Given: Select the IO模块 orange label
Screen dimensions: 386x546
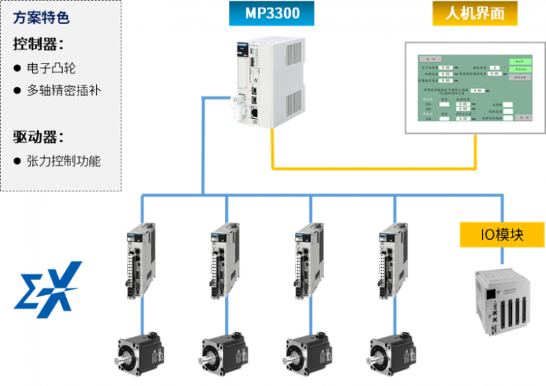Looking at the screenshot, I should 502,234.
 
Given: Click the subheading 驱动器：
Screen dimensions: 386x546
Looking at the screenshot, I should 38,136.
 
